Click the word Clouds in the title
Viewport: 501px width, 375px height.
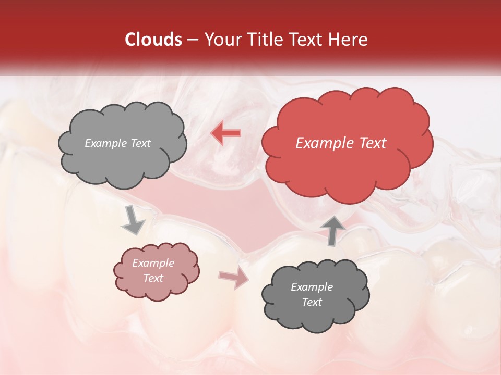click(x=153, y=40)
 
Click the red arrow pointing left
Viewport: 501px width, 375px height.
click(x=226, y=133)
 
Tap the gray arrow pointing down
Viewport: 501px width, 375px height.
click(x=133, y=220)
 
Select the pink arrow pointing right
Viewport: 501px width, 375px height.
click(x=234, y=278)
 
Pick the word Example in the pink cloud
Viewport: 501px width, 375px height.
click(x=153, y=264)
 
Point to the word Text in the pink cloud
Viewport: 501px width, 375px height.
click(x=153, y=279)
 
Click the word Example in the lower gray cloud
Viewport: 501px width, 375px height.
click(x=312, y=287)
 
